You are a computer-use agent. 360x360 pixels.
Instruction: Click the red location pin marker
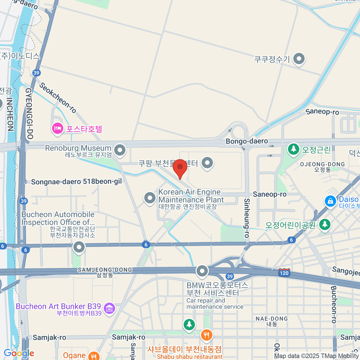click(180, 167)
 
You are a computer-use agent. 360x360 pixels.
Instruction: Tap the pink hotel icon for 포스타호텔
click(57, 129)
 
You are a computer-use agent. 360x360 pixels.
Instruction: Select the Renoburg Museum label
click(78, 148)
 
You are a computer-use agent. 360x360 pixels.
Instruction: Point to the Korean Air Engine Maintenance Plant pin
click(150, 198)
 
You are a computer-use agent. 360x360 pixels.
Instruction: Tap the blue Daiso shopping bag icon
click(330, 201)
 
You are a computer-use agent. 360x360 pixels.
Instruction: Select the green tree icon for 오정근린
click(293, 149)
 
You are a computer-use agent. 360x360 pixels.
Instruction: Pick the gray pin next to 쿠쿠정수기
click(299, 59)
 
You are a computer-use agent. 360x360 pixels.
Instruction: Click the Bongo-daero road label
click(247, 141)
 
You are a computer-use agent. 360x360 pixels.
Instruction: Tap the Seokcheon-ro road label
click(58, 97)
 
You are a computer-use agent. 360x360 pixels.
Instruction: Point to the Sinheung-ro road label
click(247, 218)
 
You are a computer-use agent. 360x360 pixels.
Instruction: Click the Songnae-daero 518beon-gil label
click(76, 181)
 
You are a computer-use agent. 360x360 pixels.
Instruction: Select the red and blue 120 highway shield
click(284, 272)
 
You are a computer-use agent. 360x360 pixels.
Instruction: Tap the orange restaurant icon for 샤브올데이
click(206, 335)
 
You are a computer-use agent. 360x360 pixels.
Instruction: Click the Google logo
click(19, 353)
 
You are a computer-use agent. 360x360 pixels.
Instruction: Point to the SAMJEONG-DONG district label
click(105, 270)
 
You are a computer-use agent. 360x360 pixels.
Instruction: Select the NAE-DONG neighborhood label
click(271, 319)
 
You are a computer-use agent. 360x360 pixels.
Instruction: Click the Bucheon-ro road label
click(334, 304)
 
